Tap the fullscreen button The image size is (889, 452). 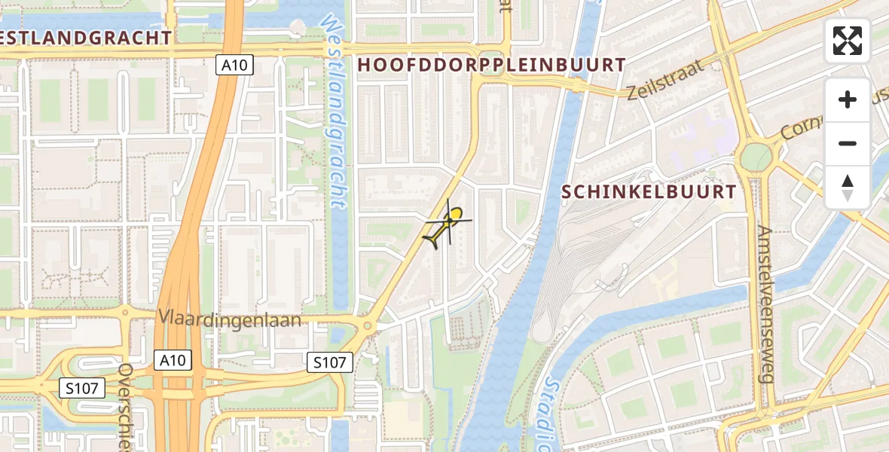[848, 41]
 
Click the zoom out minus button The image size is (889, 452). [848, 143]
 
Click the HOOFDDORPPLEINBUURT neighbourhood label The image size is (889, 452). [492, 65]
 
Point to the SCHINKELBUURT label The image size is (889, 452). [649, 192]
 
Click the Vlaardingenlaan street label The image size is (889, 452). [229, 319]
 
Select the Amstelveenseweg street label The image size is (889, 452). [765, 304]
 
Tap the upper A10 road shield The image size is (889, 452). [234, 66]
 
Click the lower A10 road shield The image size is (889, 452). [173, 360]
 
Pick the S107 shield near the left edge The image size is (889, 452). [81, 388]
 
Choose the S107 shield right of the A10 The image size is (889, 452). [330, 362]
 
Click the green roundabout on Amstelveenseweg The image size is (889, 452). [756, 157]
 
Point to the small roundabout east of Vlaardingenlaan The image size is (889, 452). [368, 327]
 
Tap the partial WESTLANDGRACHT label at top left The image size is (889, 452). [86, 37]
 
